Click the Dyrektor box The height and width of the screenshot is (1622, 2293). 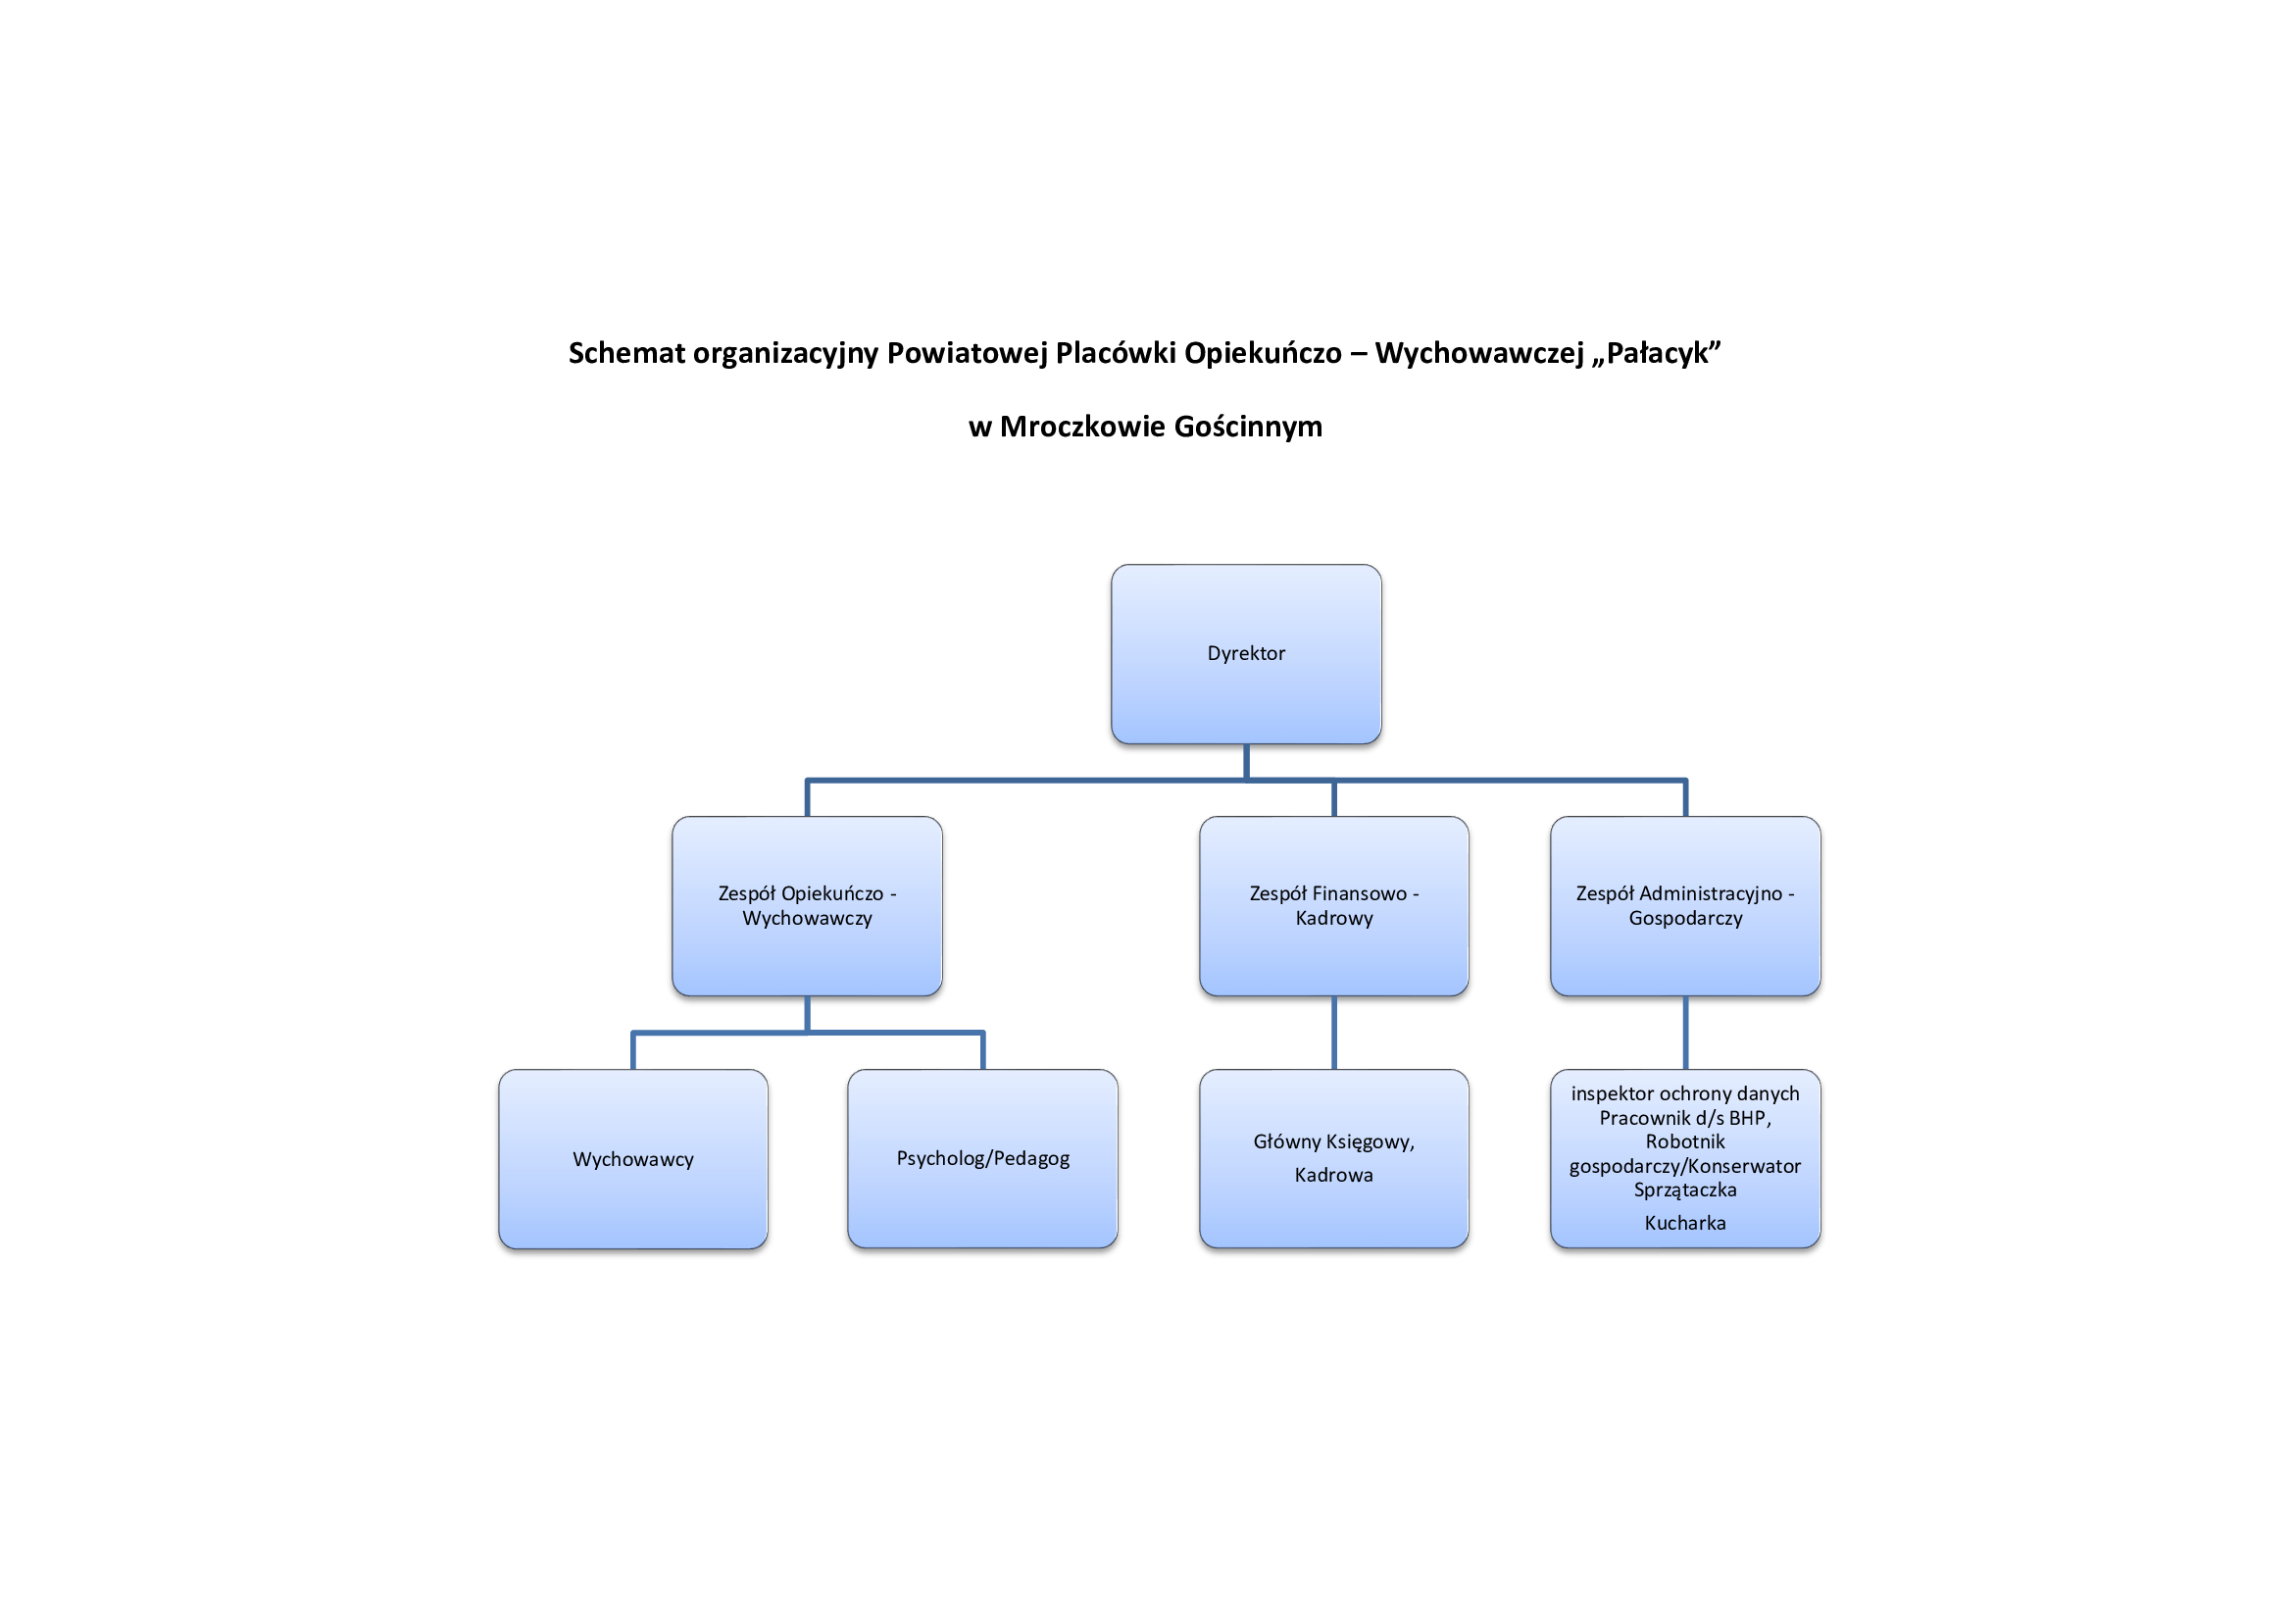tap(1246, 654)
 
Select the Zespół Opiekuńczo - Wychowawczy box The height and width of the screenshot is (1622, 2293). tap(807, 906)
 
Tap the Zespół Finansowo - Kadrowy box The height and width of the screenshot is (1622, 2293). tap(1334, 906)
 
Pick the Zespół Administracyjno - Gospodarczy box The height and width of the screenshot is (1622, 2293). tap(1686, 906)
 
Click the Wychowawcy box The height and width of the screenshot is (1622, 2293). tap(633, 1158)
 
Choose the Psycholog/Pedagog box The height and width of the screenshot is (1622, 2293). tap(982, 1158)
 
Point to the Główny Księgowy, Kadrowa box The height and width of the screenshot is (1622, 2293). tap(1334, 1158)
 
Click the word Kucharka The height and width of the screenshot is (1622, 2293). tap(1685, 1223)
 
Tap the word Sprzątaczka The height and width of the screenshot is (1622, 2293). tap(1685, 1191)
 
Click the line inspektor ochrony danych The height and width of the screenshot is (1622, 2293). tap(1685, 1093)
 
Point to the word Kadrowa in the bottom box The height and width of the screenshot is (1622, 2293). tap(1334, 1175)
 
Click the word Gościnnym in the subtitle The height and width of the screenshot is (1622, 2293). tap(1248, 428)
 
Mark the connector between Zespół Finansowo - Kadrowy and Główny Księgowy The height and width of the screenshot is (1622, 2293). tap(1334, 1033)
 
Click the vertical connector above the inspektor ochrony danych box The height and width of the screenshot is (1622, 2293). tap(1686, 1033)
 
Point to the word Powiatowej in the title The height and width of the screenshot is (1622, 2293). tap(968, 353)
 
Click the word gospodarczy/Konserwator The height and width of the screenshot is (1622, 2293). tap(1685, 1167)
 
